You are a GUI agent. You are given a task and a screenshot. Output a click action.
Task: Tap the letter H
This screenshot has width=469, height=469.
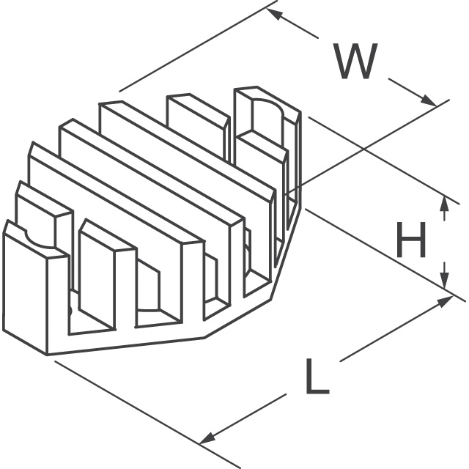(x=411, y=242)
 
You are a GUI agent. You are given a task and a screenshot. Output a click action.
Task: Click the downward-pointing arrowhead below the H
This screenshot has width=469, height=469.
(x=444, y=279)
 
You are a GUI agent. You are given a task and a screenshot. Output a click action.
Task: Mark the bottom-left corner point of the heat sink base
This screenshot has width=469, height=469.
(x=48, y=355)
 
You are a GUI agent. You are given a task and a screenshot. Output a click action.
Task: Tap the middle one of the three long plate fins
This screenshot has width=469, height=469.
(x=147, y=176)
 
